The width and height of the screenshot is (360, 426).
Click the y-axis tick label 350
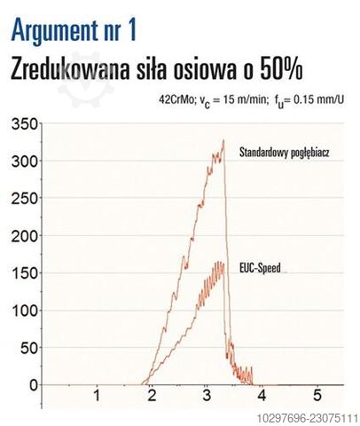point(25,124)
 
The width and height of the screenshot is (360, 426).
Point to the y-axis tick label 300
point(25,162)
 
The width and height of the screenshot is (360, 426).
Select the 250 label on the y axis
point(25,199)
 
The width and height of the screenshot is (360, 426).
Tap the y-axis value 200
point(25,236)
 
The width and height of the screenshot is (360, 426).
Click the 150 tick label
point(25,273)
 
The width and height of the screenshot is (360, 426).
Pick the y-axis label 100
point(25,311)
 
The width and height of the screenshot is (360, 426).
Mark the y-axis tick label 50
point(29,349)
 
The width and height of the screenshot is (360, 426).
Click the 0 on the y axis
point(34,386)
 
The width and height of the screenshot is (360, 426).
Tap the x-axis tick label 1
point(97,395)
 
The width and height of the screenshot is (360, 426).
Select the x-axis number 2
point(152,395)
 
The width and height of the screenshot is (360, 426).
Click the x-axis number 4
point(262,395)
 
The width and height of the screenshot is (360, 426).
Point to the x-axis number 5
point(317,395)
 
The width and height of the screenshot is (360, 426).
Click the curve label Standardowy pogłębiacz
point(284,154)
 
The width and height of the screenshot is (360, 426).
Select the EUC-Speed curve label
point(260,268)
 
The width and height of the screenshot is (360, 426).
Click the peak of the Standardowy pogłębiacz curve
point(223,140)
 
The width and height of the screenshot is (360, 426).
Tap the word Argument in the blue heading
point(55,30)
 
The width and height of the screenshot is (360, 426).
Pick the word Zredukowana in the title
point(70,70)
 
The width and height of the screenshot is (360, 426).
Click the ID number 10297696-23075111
point(308,419)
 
